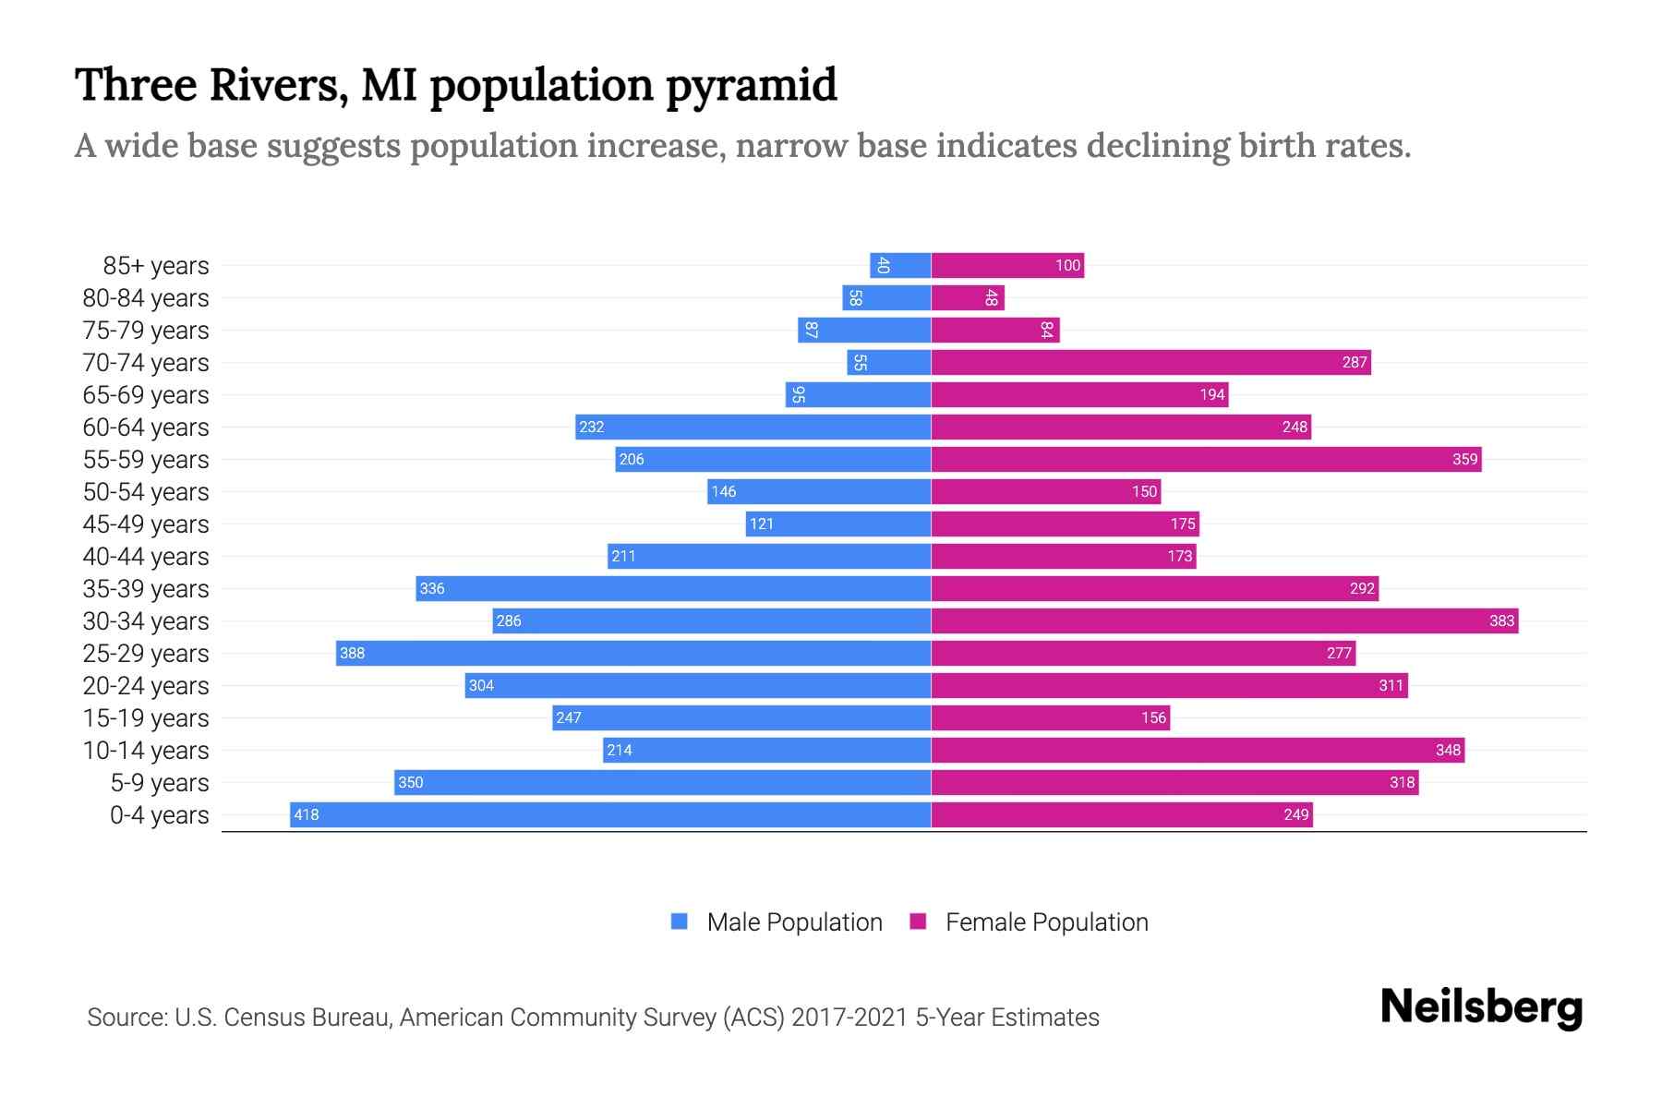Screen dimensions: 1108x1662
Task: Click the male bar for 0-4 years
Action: click(x=609, y=814)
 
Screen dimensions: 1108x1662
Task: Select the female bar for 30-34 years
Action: click(x=1224, y=620)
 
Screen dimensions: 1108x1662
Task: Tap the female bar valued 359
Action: click(x=1206, y=459)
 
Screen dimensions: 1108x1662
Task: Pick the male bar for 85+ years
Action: click(x=900, y=265)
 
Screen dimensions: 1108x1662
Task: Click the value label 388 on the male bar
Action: click(x=352, y=653)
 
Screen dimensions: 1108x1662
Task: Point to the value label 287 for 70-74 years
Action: click(x=1354, y=362)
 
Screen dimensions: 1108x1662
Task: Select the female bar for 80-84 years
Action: click(x=967, y=297)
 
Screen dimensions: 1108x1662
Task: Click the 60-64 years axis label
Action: click(x=146, y=428)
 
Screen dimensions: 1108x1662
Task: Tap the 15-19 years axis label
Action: click(x=146, y=718)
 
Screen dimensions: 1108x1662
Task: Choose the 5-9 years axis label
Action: click(x=160, y=783)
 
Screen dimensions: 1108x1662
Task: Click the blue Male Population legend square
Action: click(x=680, y=921)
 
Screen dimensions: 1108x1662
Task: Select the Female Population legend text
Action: click(x=1046, y=922)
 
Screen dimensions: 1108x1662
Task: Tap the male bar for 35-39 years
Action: click(x=672, y=588)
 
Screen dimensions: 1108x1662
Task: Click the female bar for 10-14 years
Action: click(x=1198, y=750)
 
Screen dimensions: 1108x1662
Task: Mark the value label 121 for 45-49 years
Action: click(x=761, y=524)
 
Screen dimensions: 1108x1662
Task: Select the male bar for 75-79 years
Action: click(x=864, y=330)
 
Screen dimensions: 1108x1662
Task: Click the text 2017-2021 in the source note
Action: click(x=849, y=1018)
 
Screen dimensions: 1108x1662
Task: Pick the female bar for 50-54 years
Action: click(x=1045, y=491)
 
